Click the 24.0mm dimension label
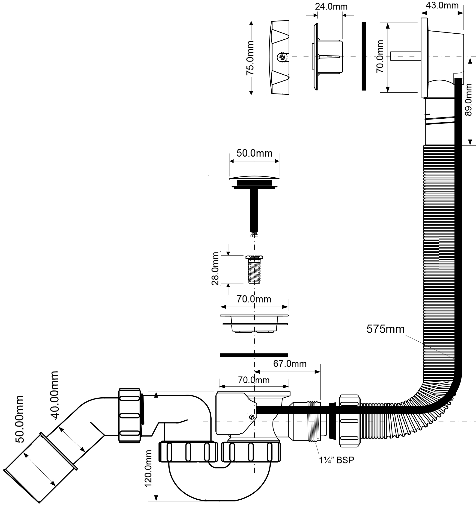(x=331, y=7)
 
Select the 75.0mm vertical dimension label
(x=250, y=58)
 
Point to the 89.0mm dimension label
(x=469, y=100)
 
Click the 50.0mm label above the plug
(x=254, y=153)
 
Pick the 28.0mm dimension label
(x=215, y=269)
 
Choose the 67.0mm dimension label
(x=290, y=363)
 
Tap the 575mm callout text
(x=385, y=329)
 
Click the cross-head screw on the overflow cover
(x=282, y=57)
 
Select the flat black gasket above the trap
(x=254, y=355)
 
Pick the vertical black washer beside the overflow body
(x=364, y=56)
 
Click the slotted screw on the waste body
(x=252, y=417)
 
